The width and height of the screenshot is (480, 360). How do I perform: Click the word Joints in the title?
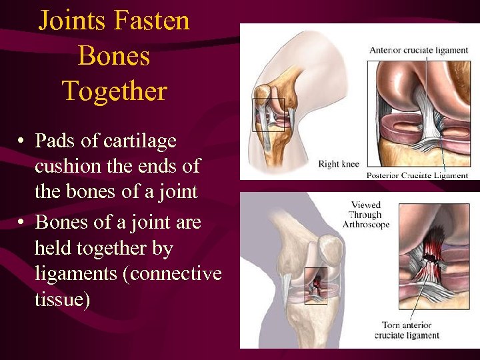coord(72,21)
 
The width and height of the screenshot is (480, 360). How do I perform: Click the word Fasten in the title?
coord(152,21)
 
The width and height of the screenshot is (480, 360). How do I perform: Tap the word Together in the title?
coord(114,91)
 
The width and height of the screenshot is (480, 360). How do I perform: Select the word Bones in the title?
coord(114,56)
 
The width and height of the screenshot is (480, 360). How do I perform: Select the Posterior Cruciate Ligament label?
coord(417,175)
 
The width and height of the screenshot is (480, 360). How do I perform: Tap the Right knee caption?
coord(338,164)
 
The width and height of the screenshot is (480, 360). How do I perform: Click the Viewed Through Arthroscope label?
coord(365,215)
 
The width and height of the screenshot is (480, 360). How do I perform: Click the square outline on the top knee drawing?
coord(269,115)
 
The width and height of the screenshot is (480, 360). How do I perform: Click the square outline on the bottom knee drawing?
coord(315,285)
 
